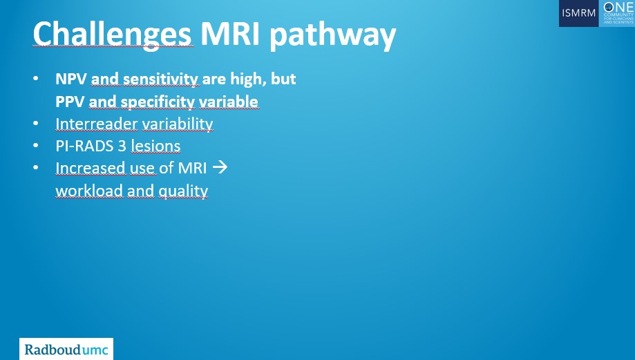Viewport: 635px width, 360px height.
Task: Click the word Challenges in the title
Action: [x=112, y=35]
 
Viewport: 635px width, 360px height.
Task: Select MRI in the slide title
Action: [x=230, y=33]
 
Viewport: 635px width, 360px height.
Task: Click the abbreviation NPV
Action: [x=71, y=79]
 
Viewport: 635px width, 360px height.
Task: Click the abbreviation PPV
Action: [x=70, y=102]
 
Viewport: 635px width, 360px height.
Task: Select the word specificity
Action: [x=158, y=102]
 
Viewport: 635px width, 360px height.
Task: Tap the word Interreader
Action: [x=96, y=124]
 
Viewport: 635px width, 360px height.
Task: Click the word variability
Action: [x=178, y=124]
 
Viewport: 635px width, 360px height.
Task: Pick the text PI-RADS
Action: [x=84, y=146]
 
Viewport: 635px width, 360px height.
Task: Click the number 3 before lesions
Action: [x=122, y=146]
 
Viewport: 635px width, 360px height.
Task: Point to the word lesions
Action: [x=155, y=146]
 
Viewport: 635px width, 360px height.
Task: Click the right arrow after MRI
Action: [x=220, y=168]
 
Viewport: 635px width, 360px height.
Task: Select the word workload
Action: [x=89, y=191]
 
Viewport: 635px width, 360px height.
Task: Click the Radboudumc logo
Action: [x=66, y=349]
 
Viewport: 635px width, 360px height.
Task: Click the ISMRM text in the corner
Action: [x=579, y=13]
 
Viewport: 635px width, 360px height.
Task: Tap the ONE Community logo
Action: [x=617, y=13]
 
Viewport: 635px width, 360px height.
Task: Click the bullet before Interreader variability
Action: [x=36, y=123]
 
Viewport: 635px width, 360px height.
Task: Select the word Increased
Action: [x=91, y=168]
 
